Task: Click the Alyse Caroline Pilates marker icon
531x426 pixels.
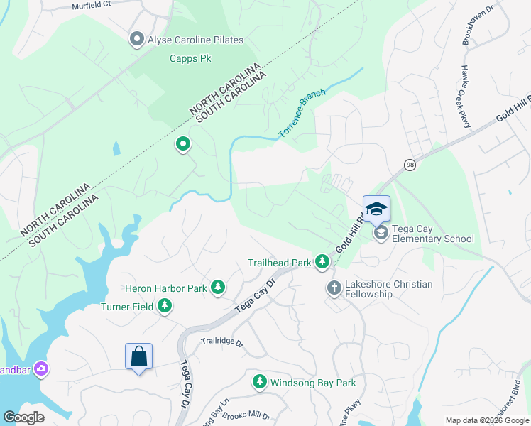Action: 137,40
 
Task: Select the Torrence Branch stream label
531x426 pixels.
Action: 302,113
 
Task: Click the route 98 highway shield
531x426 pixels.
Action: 410,165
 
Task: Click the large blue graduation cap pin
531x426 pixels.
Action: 376,209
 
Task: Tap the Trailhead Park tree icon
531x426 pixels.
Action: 322,263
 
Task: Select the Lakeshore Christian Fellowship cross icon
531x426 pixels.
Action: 334,288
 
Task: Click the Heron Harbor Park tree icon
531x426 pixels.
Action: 219,288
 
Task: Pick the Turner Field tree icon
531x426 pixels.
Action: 165,306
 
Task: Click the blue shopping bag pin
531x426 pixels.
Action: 139,357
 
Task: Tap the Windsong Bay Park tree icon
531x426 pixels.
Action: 260,383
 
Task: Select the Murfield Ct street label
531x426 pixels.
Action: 92,6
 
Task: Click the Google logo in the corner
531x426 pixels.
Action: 23,417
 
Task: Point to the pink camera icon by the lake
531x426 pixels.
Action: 41,368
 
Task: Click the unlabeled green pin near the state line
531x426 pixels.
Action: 183,145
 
